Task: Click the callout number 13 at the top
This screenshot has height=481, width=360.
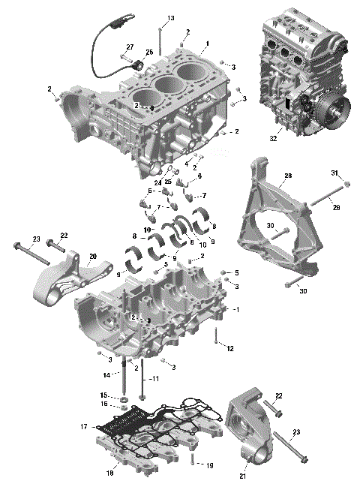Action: pos(170,18)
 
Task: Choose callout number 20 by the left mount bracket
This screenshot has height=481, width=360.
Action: pos(92,256)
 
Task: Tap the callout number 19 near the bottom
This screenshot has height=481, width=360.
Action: pos(209,465)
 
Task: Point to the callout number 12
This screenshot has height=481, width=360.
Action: pos(230,348)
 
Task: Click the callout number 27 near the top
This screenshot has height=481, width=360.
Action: pos(129,47)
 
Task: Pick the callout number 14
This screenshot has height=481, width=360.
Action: pos(107,374)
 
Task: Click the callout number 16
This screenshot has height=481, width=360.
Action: pos(106,404)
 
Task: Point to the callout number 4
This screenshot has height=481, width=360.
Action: pos(186,163)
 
